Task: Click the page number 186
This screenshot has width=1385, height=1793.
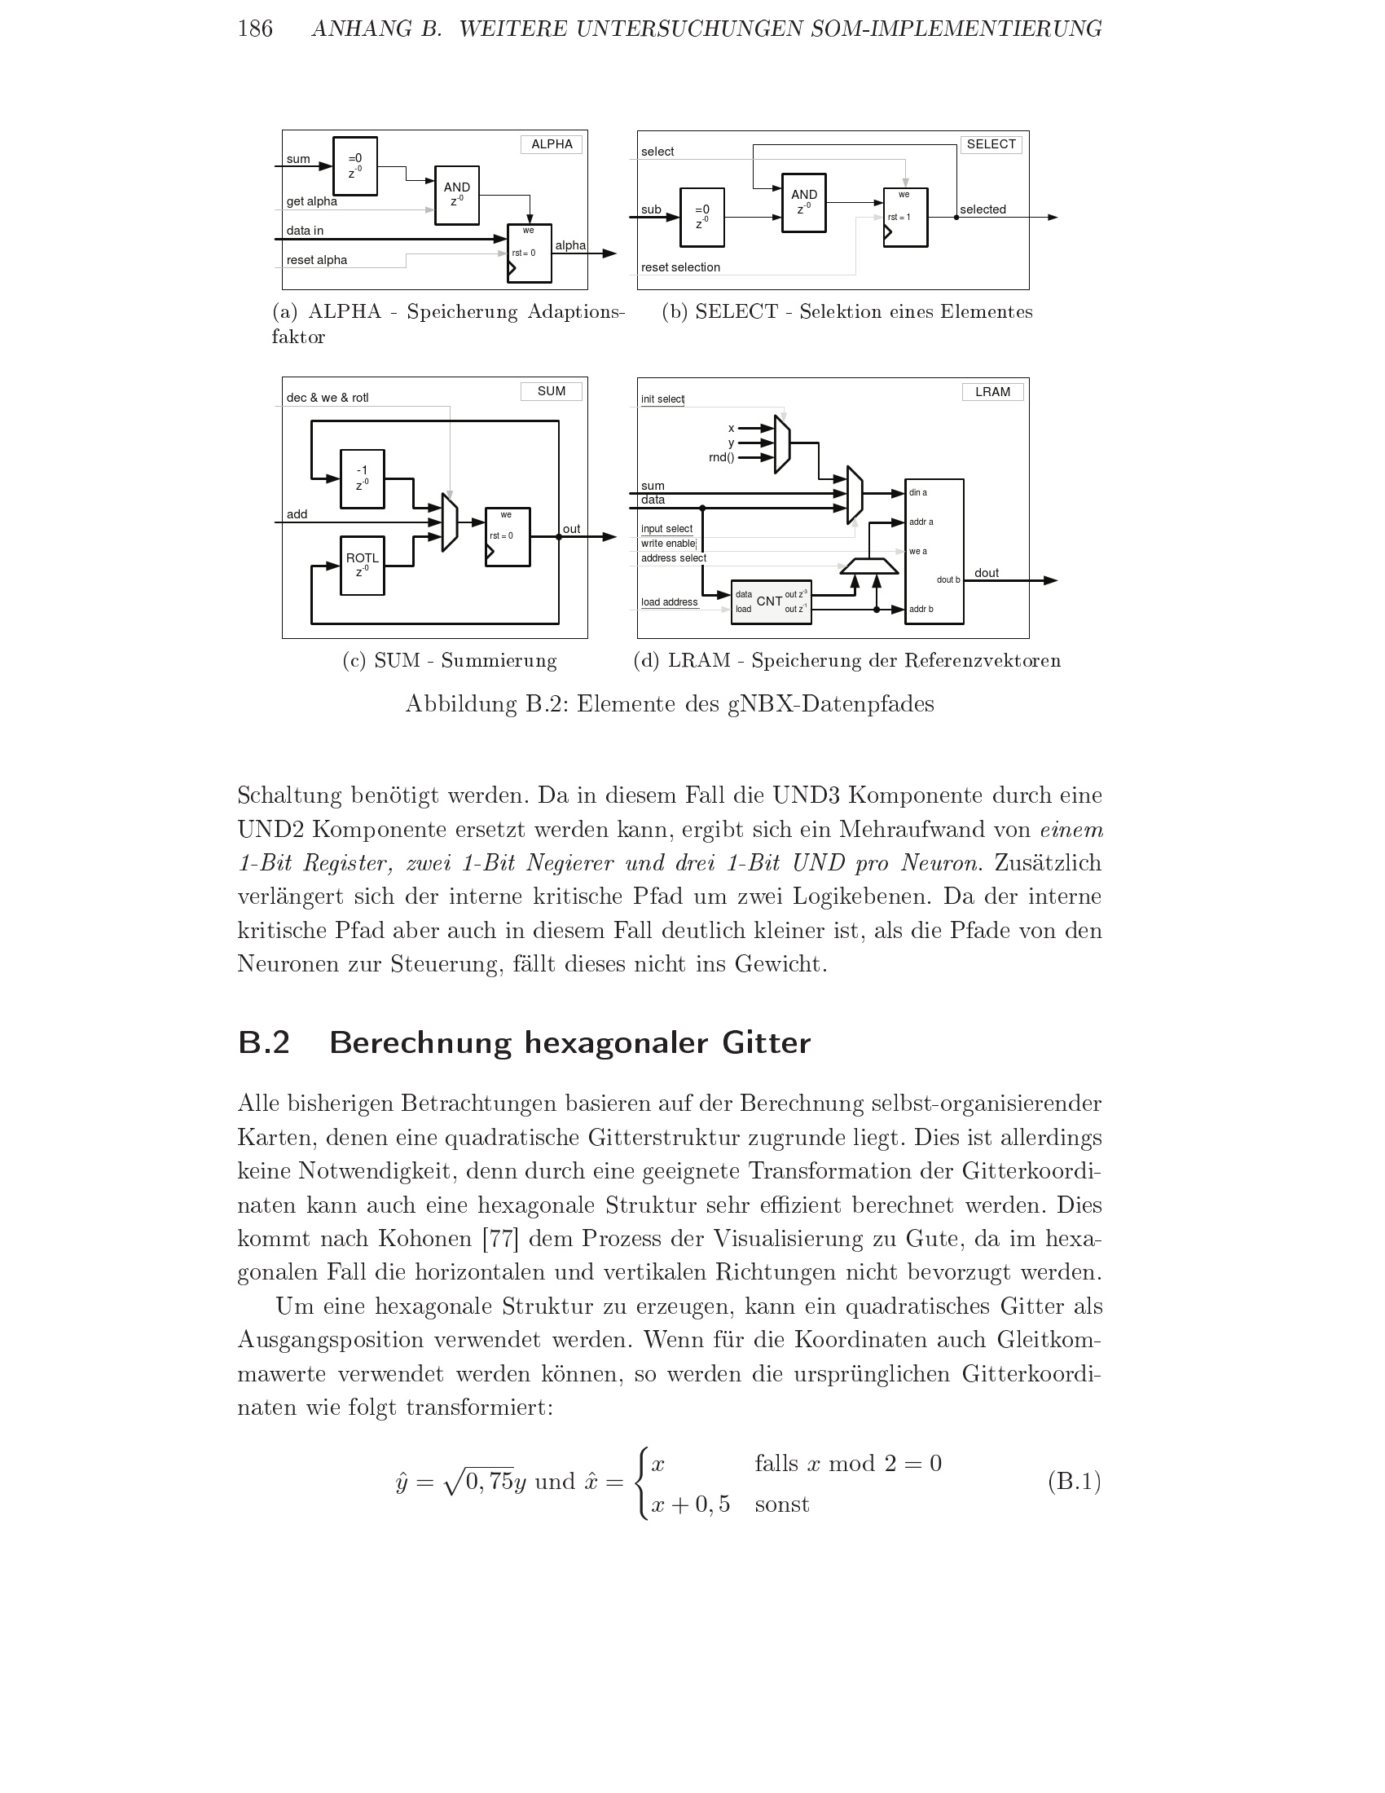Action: pyautogui.click(x=254, y=29)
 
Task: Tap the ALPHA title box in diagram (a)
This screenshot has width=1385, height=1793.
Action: pyautogui.click(x=552, y=144)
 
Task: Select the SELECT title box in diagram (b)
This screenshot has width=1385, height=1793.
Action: pyautogui.click(x=991, y=144)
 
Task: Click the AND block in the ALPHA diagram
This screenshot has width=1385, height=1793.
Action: pyautogui.click(x=456, y=196)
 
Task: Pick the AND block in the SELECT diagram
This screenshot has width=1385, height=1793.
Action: pyautogui.click(x=803, y=203)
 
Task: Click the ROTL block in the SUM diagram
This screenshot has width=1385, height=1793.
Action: pyautogui.click(x=362, y=566)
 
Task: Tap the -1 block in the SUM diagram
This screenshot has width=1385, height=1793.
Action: pyautogui.click(x=362, y=478)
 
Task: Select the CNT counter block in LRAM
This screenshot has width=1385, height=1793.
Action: pyautogui.click(x=771, y=601)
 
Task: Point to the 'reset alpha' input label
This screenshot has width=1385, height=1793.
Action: pyautogui.click(x=317, y=260)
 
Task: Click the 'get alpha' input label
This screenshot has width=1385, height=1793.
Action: pyautogui.click(x=312, y=201)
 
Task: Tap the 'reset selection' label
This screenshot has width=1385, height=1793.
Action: pyautogui.click(x=680, y=267)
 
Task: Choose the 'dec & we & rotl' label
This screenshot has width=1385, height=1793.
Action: pyautogui.click(x=328, y=399)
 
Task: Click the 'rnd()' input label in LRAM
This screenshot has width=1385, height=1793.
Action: pyautogui.click(x=721, y=457)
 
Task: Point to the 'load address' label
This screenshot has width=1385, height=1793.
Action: pyautogui.click(x=669, y=602)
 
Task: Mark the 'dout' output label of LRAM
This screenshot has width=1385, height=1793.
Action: pyautogui.click(x=987, y=573)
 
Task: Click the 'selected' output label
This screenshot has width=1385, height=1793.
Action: pyautogui.click(x=983, y=209)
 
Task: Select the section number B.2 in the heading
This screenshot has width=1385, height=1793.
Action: pyautogui.click(x=263, y=1042)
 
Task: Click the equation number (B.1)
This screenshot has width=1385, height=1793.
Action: pyautogui.click(x=1074, y=1481)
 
